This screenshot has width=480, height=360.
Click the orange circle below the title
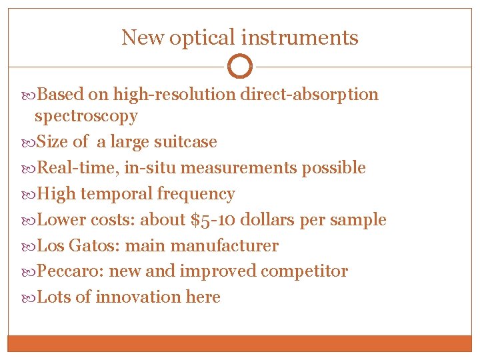pos(240,67)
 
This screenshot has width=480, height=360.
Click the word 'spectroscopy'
pos(86,116)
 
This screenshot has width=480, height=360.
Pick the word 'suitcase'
pos(185,142)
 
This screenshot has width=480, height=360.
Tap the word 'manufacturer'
pos(225,246)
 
